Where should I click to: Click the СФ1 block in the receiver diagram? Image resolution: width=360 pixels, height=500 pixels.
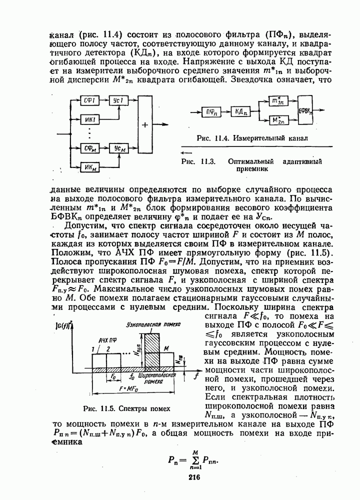click(90, 100)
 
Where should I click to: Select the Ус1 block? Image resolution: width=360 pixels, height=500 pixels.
click(118, 100)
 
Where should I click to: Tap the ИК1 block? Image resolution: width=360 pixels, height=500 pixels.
click(90, 120)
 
